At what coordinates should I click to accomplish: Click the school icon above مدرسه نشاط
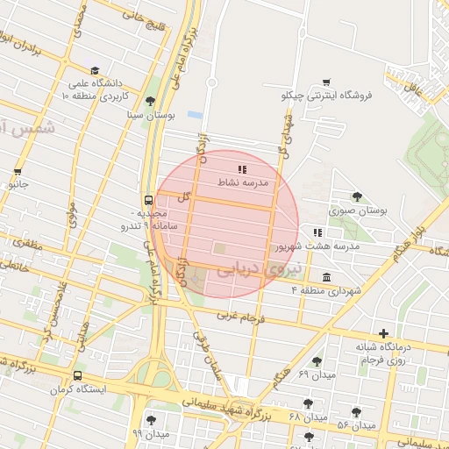tap(241, 167)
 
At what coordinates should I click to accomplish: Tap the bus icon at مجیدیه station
tap(148, 200)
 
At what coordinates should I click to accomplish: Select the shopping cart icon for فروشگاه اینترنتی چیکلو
tap(326, 82)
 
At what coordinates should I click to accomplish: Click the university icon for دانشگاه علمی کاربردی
tap(94, 71)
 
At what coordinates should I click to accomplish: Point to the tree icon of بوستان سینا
tap(150, 101)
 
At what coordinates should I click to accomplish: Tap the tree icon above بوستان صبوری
tap(356, 196)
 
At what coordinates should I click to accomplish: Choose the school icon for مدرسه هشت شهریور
tap(317, 232)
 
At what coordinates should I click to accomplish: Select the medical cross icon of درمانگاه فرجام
tap(382, 332)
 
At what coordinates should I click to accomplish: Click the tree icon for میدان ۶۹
tap(317, 361)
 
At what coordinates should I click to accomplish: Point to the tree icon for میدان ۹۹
tap(153, 420)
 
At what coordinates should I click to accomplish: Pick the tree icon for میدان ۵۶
tap(356, 412)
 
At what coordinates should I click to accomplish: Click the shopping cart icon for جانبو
tap(18, 172)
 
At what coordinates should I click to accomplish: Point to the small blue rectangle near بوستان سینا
tap(195, 115)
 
